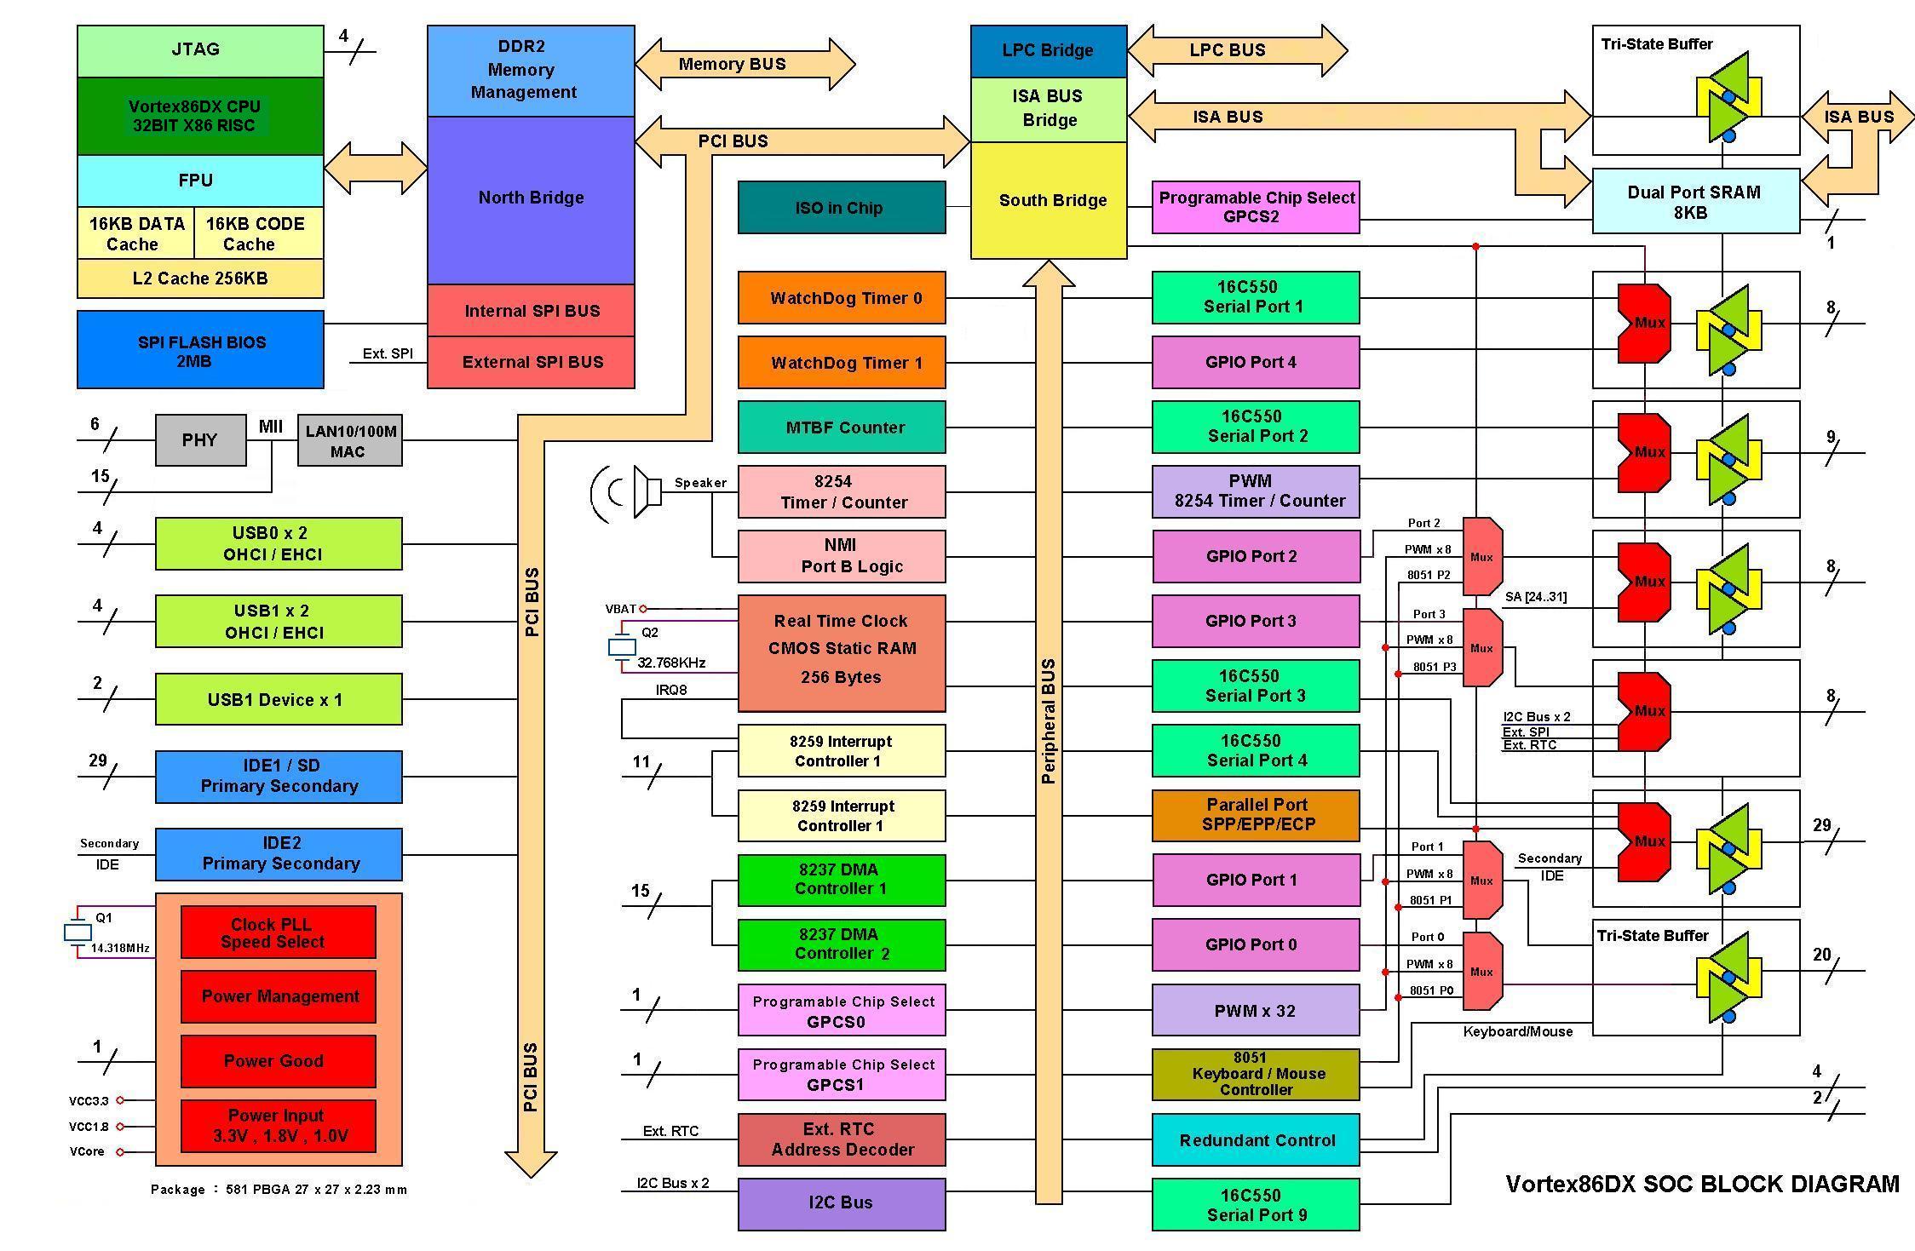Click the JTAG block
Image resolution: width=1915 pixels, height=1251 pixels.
[x=199, y=50]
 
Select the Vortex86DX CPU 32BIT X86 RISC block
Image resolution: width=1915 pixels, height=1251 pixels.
[x=199, y=116]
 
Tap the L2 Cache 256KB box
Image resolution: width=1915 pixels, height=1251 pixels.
[x=199, y=278]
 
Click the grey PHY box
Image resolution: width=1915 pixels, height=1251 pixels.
[x=200, y=440]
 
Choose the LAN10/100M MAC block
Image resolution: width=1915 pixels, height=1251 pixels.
[x=349, y=440]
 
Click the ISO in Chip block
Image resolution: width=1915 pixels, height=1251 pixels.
[x=841, y=208]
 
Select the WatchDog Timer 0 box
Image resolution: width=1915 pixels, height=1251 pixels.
[x=841, y=298]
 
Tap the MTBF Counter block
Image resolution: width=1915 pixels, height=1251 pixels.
[x=841, y=428]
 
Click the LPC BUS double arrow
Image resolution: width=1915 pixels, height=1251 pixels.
[x=1236, y=50]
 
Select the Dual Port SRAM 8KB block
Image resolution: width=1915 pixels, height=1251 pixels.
[x=1695, y=202]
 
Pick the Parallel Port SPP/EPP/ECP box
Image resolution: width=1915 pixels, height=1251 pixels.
[x=1255, y=815]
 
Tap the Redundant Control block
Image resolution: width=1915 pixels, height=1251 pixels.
[x=1255, y=1140]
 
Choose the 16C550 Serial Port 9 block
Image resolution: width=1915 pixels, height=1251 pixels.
[x=1255, y=1205]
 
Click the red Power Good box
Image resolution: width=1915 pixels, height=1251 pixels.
[x=278, y=1061]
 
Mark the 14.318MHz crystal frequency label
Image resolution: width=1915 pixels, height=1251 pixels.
[x=120, y=948]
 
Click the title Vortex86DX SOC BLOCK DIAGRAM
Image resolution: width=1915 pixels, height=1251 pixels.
[x=1702, y=1184]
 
